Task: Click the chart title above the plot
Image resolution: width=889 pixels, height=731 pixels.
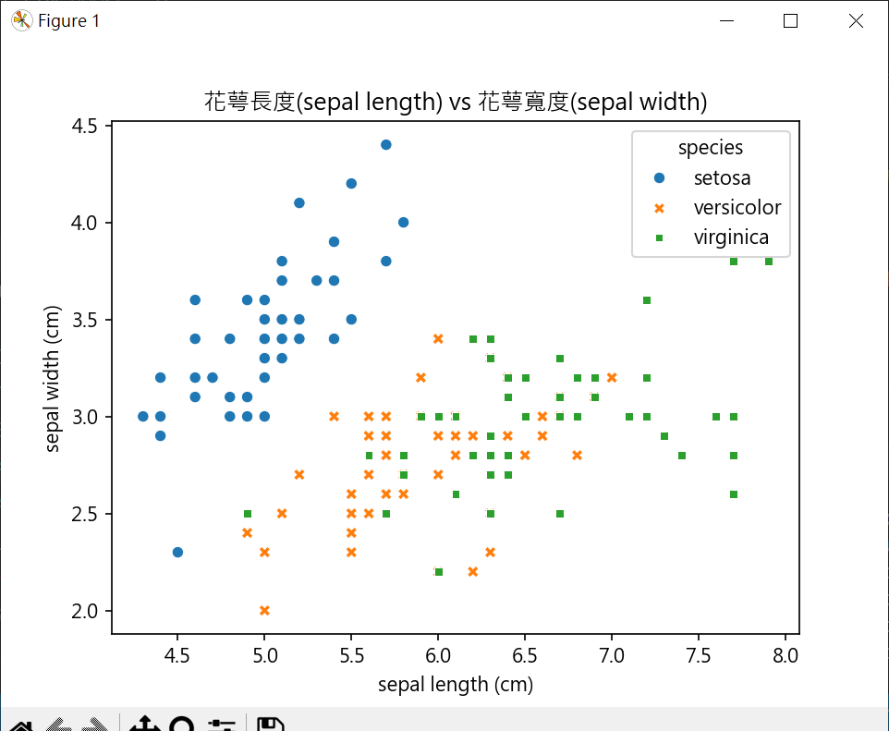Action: (456, 102)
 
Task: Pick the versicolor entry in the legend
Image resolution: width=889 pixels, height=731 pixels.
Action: (737, 207)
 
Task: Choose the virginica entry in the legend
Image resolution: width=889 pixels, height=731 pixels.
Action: (731, 238)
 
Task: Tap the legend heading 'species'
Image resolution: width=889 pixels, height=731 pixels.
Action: (711, 147)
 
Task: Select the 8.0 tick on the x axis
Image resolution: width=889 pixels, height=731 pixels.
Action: (785, 656)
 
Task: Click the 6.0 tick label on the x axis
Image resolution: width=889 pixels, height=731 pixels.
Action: (438, 656)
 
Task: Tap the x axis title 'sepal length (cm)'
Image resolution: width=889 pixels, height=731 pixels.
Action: (456, 685)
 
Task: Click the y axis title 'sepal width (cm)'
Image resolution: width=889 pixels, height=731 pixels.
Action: (53, 380)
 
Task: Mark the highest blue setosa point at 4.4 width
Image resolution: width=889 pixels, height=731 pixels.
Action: (386, 144)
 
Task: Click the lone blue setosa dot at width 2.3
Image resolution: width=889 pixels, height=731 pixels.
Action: (177, 552)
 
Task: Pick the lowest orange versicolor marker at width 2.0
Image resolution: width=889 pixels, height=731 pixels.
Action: (264, 610)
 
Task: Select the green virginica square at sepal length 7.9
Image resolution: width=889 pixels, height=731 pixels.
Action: (768, 262)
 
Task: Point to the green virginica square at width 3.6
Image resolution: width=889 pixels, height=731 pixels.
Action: (647, 299)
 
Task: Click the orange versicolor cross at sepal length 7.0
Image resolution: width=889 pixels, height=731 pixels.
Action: (612, 377)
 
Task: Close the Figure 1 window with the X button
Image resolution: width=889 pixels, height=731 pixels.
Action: (856, 21)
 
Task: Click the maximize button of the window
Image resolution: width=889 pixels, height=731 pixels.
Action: (790, 21)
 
